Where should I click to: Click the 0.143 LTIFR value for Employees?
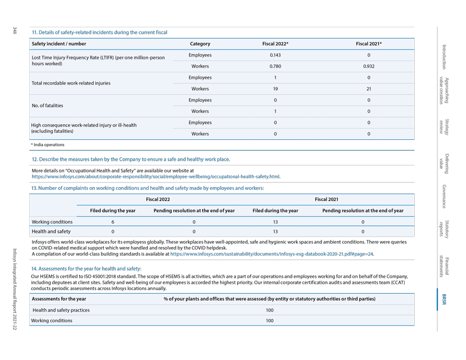coord(276,55)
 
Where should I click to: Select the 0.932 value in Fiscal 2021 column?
coord(368,66)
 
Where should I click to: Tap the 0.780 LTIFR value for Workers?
coord(276,66)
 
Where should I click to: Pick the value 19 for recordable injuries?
coord(276,89)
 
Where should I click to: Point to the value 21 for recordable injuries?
coord(368,89)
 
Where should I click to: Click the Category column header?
coord(200,44)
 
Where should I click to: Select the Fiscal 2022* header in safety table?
coord(276,44)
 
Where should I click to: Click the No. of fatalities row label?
coord(47,106)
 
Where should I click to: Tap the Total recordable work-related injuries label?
coord(70,83)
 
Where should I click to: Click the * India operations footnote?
coord(48,144)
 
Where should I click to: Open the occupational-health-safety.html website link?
coord(156,176)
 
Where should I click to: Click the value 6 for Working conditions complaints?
coord(112,221)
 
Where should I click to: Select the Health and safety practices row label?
coord(61,310)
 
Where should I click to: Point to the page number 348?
coord(14,30)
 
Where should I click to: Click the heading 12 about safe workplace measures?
coord(130,159)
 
